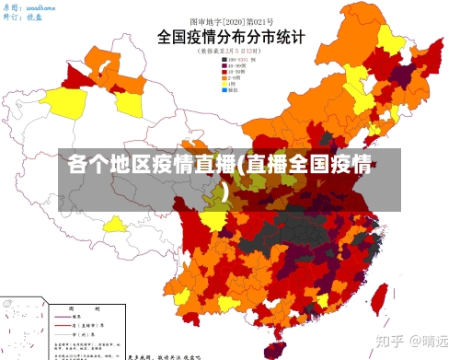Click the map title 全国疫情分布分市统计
[x=231, y=38]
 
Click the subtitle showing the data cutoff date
[x=230, y=52]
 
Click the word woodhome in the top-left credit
[x=41, y=7]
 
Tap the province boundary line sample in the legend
[x=63, y=326]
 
